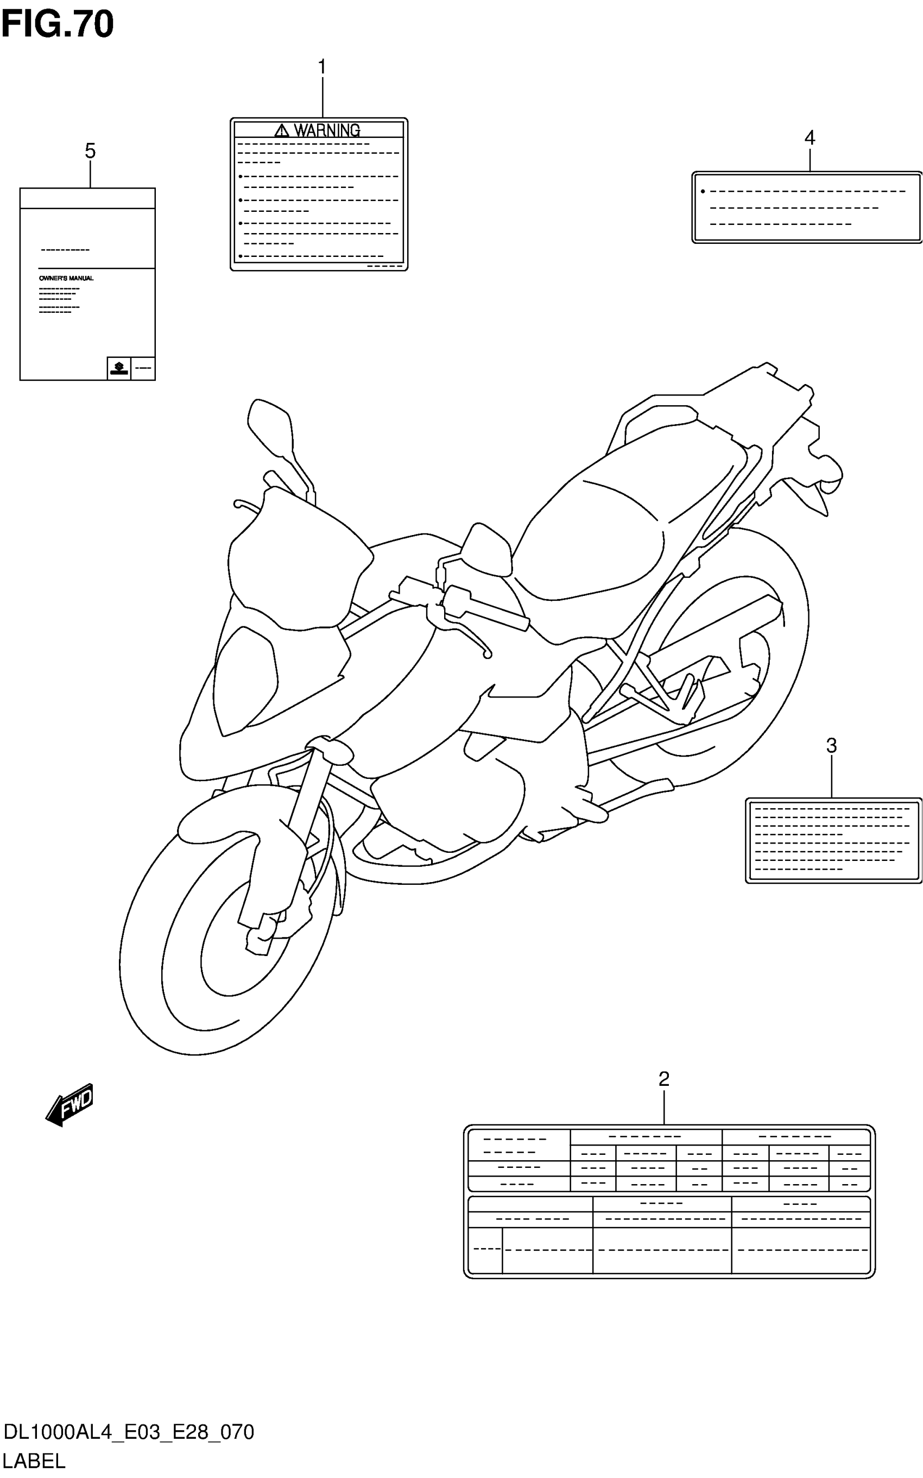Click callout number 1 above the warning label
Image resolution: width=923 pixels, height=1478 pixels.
322,67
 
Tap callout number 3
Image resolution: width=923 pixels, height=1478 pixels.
831,745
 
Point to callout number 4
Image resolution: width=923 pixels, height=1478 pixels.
810,137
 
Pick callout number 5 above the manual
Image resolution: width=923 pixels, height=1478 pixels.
90,150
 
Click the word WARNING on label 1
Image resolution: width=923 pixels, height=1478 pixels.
327,130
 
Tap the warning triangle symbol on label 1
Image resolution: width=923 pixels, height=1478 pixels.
281,130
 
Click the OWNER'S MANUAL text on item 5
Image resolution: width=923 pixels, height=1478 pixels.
66,278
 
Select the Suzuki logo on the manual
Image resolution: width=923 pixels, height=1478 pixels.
118,368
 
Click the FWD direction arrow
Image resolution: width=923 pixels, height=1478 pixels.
70,1104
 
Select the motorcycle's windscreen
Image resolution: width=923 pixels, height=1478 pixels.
299,562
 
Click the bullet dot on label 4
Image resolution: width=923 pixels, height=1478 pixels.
703,192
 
